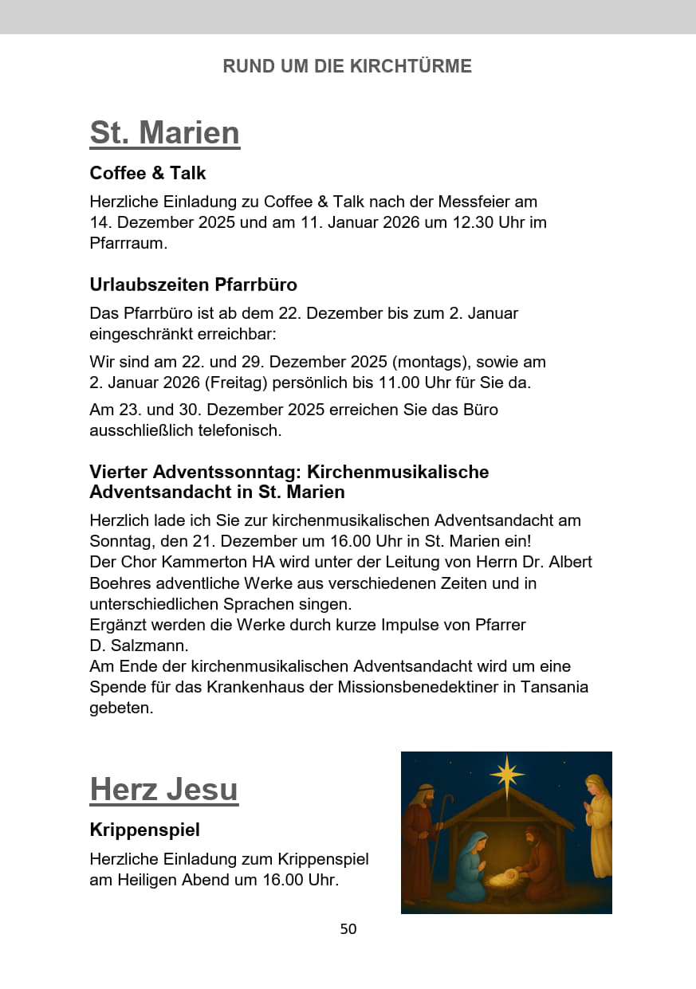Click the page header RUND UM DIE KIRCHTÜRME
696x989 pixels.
click(x=347, y=66)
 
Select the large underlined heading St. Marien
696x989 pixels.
click(x=164, y=132)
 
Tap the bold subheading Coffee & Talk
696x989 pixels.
click(x=147, y=173)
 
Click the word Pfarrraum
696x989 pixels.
click(x=128, y=243)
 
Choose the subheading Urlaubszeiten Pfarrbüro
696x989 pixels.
click(x=193, y=285)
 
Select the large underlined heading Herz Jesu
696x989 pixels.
click(x=163, y=789)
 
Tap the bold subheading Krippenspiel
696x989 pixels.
click(x=144, y=830)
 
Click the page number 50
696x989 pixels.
click(x=348, y=929)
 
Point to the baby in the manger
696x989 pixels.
click(x=504, y=879)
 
